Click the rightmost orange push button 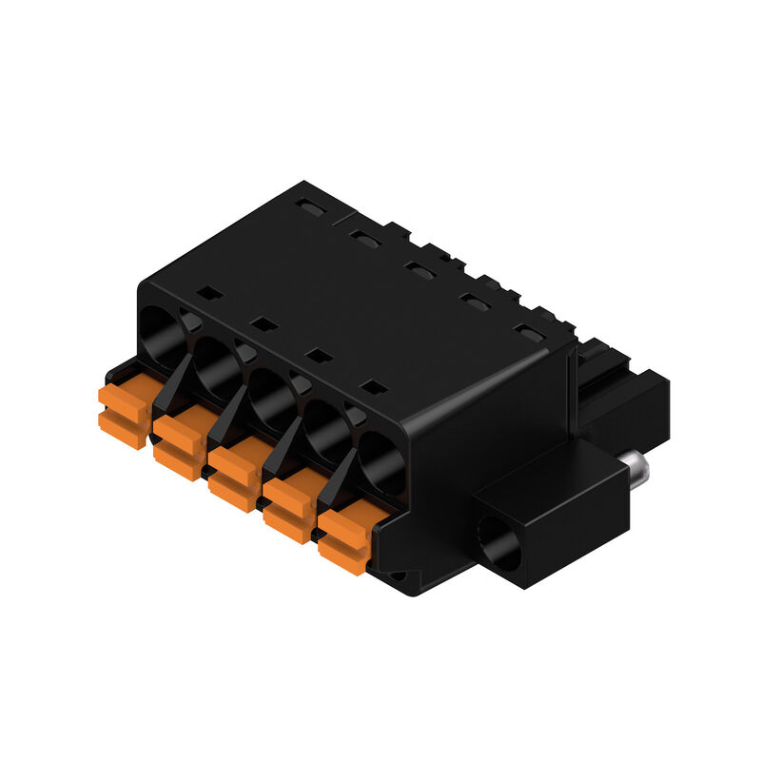point(343,537)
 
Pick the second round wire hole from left point(216,362)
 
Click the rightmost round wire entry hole point(383,460)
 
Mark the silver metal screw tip point(639,467)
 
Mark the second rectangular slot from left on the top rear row point(364,236)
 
